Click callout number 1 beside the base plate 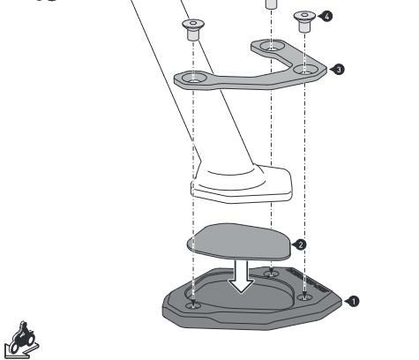point(354,301)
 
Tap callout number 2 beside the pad point(300,244)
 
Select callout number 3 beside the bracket point(339,70)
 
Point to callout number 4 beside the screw point(327,16)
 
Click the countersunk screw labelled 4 point(304,21)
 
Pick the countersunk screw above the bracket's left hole point(193,29)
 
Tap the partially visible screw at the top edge point(273,4)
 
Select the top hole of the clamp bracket point(273,46)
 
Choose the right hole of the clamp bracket point(306,70)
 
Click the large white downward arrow point(241,276)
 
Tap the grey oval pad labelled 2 point(239,242)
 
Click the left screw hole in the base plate point(193,305)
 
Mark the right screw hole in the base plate point(304,297)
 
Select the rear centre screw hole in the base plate point(271,274)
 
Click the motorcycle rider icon point(21,341)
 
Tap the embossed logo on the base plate point(309,281)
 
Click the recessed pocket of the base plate point(240,293)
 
